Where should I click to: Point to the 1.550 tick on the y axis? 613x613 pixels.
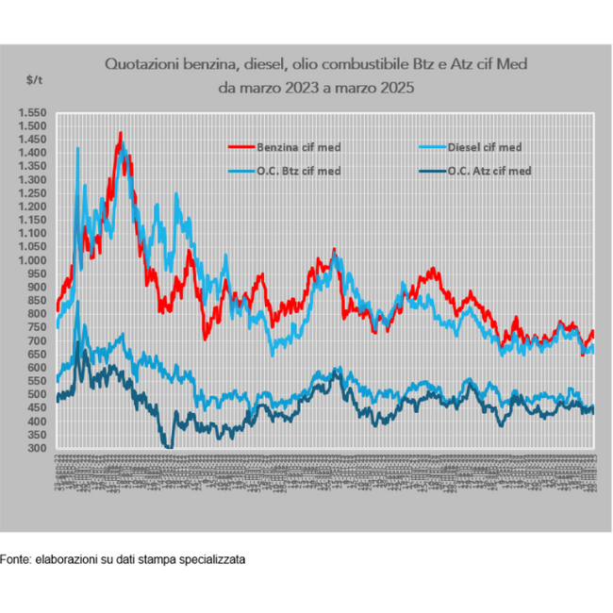tap(31, 112)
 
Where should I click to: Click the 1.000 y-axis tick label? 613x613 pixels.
tap(31, 260)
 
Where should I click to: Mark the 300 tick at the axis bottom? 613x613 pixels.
tap(36, 448)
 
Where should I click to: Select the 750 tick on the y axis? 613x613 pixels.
tap(36, 327)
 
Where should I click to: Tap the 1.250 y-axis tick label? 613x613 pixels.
tap(31, 192)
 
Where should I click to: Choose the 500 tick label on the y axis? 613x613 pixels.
tap(36, 394)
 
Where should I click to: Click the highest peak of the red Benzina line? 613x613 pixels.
tap(120, 134)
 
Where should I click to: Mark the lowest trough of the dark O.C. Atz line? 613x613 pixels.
tap(170, 445)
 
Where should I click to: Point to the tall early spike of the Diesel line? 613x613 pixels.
tap(77, 148)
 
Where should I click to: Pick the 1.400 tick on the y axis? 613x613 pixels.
tap(31, 153)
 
